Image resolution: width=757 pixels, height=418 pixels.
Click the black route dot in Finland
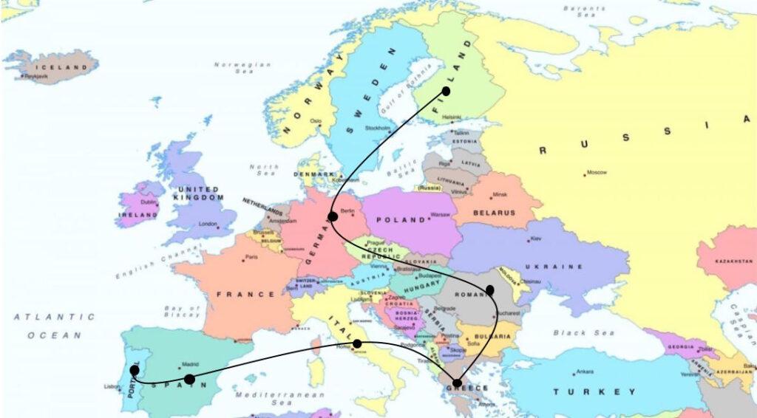coord(446,91)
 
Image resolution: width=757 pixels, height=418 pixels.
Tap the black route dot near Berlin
coord(333,216)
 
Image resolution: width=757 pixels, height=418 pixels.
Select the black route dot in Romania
coord(490,290)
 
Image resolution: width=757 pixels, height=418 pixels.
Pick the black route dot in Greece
coord(457,383)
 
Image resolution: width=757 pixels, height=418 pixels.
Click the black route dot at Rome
coord(357,343)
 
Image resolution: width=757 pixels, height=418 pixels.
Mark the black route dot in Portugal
coord(134,370)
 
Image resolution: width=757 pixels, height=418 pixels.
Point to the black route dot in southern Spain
coord(189,379)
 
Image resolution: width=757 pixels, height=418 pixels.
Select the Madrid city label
coord(191,364)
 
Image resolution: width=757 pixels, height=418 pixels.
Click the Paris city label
coord(251,258)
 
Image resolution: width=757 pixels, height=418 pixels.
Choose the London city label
coord(208,224)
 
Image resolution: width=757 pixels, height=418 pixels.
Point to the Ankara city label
coord(585,371)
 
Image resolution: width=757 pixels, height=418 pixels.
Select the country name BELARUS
coord(495,213)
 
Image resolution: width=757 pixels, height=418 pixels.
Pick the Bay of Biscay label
coord(183,311)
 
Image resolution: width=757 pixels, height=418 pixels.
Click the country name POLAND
coord(401,220)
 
